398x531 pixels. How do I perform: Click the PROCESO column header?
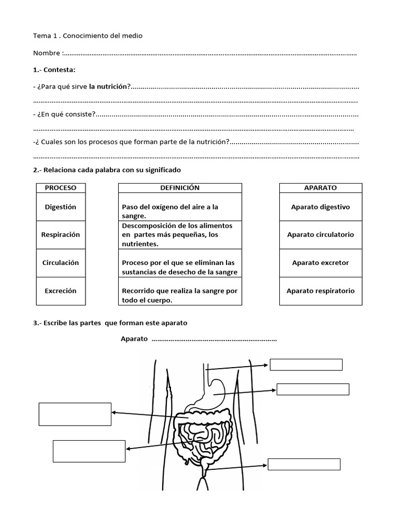pyautogui.click(x=61, y=188)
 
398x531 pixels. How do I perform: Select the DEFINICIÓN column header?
pyautogui.click(x=180, y=188)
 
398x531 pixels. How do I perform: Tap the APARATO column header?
pyautogui.click(x=320, y=188)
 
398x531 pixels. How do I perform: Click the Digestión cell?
pyautogui.click(x=61, y=207)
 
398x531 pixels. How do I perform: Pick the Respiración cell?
pyautogui.click(x=61, y=234)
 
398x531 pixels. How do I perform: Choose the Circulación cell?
pyautogui.click(x=61, y=262)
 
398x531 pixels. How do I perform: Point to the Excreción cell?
pyautogui.click(x=61, y=291)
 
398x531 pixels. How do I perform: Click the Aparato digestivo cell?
pyautogui.click(x=320, y=207)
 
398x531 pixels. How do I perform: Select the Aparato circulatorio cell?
pyautogui.click(x=320, y=234)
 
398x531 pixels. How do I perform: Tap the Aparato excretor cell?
pyautogui.click(x=320, y=262)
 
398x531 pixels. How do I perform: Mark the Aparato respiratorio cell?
pyautogui.click(x=320, y=291)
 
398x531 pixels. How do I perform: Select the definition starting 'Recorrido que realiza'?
pyautogui.click(x=179, y=296)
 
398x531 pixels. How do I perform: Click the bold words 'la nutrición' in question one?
pyautogui.click(x=109, y=87)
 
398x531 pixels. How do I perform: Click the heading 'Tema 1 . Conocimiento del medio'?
pyautogui.click(x=87, y=35)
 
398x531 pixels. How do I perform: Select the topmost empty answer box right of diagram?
pyautogui.click(x=306, y=365)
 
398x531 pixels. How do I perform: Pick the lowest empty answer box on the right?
pyautogui.click(x=304, y=464)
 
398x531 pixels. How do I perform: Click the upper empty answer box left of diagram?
pyautogui.click(x=75, y=413)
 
